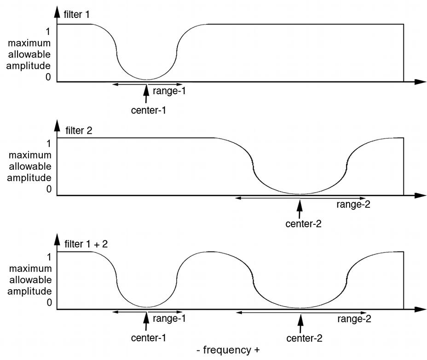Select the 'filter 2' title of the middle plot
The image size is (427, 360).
tap(79, 130)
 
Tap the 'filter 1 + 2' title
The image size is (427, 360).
tap(87, 244)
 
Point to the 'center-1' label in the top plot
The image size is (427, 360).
tap(147, 110)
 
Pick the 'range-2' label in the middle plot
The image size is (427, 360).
tap(353, 205)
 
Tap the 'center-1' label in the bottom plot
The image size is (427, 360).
tap(148, 338)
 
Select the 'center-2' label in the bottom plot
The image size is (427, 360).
tap(304, 338)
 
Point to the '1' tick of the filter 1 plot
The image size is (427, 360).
tap(48, 32)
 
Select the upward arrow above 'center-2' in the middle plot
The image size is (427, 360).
tap(300, 207)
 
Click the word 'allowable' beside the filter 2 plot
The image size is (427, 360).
tap(29, 166)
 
